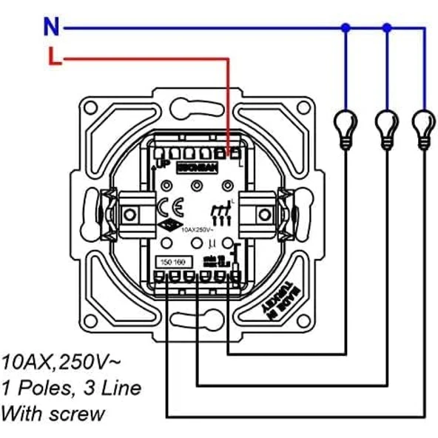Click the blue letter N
[50, 27]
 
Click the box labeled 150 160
[172, 261]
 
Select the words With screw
[53, 413]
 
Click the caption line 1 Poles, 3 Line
[70, 388]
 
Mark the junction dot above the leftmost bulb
[345, 28]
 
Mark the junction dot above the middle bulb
[385, 28]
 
